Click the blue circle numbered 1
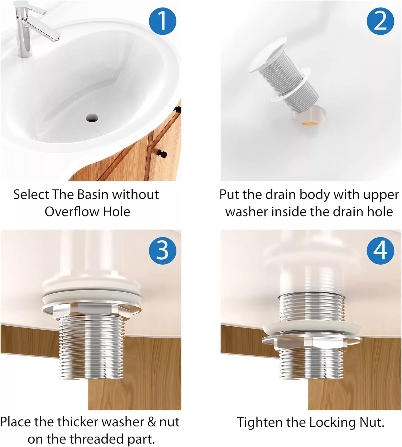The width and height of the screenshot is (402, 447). pyautogui.click(x=162, y=21)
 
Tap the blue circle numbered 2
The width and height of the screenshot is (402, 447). pyautogui.click(x=380, y=21)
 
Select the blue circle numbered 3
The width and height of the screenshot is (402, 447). pyautogui.click(x=162, y=250)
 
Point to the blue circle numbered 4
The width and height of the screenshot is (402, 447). pyautogui.click(x=380, y=250)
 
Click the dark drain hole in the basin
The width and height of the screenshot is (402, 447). pyautogui.click(x=92, y=118)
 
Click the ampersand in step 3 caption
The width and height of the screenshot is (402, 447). pyautogui.click(x=152, y=422)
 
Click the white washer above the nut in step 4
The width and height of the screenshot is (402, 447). pyautogui.click(x=311, y=328)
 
